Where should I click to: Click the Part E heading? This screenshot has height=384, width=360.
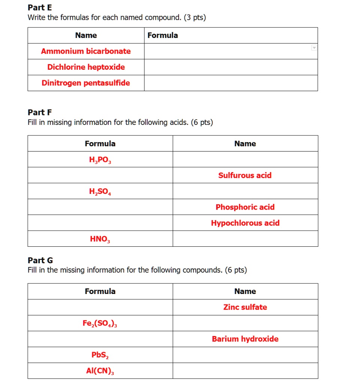[x=40, y=7]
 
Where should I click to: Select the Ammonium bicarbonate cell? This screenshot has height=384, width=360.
[x=86, y=51]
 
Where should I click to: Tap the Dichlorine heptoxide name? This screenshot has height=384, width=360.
[x=86, y=67]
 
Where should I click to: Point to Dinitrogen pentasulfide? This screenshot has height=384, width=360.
[x=86, y=83]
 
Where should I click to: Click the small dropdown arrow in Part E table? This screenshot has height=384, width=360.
[x=314, y=48]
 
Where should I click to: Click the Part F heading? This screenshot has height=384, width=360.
[x=40, y=112]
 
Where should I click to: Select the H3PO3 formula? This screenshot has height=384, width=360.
[x=100, y=160]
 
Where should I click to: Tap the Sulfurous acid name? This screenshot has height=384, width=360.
[x=245, y=175]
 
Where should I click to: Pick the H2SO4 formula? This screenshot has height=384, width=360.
[x=100, y=192]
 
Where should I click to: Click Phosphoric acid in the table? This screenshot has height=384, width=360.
[x=245, y=207]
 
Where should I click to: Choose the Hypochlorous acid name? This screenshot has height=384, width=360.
[x=245, y=223]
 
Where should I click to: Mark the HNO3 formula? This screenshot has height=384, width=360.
[x=100, y=239]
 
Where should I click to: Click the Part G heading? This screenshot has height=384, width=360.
[x=40, y=260]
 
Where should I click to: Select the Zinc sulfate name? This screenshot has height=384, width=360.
[x=245, y=307]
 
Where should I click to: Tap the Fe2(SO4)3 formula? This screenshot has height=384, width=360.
[x=100, y=323]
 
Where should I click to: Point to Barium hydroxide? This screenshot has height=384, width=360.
[x=245, y=339]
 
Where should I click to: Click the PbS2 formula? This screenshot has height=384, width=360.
[x=100, y=355]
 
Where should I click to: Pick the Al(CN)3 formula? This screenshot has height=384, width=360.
[x=100, y=371]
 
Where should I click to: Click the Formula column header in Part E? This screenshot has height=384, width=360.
[x=163, y=35]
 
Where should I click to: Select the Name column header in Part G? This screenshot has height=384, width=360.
[x=245, y=291]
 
